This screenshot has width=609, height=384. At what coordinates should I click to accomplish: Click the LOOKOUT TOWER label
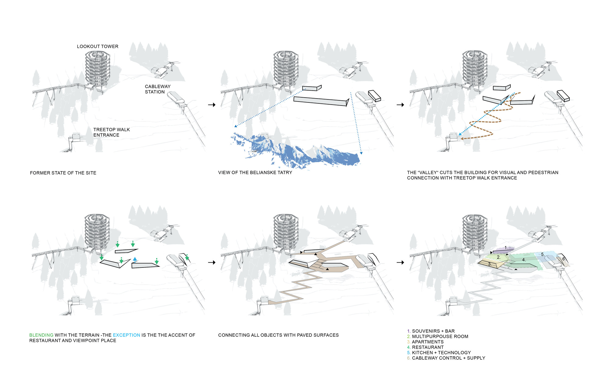[x=97, y=47]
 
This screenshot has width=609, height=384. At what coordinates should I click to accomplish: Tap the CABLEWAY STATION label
[x=157, y=89]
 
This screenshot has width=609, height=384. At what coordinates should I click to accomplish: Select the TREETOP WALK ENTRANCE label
[x=111, y=132]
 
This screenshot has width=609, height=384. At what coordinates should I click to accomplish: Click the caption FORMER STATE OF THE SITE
[x=63, y=173]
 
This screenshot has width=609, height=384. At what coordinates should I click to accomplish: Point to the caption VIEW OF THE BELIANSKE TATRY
[x=255, y=173]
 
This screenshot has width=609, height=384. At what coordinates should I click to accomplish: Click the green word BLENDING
[x=41, y=335]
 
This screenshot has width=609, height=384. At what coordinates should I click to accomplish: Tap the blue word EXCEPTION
[x=126, y=335]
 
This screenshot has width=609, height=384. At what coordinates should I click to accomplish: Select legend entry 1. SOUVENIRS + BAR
[x=431, y=331]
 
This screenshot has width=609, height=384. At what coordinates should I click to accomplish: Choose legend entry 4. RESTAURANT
[x=425, y=347]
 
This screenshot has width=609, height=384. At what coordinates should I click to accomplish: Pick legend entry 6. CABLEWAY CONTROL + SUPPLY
[x=446, y=358]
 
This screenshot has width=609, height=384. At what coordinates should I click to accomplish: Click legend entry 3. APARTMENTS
[x=425, y=342]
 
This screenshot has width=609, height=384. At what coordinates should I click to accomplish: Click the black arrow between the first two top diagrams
[x=212, y=105]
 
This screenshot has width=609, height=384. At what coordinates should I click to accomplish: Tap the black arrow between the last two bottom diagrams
[x=400, y=263]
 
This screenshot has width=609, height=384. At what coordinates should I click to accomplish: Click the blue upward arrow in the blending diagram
[x=135, y=260]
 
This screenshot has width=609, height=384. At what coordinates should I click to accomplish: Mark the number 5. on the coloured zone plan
[x=543, y=254]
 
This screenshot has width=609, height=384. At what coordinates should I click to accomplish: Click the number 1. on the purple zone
[x=506, y=248]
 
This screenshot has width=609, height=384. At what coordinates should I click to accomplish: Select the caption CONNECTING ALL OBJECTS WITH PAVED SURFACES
[x=278, y=335]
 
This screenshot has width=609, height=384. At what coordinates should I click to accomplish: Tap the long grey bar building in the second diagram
[x=320, y=101]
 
